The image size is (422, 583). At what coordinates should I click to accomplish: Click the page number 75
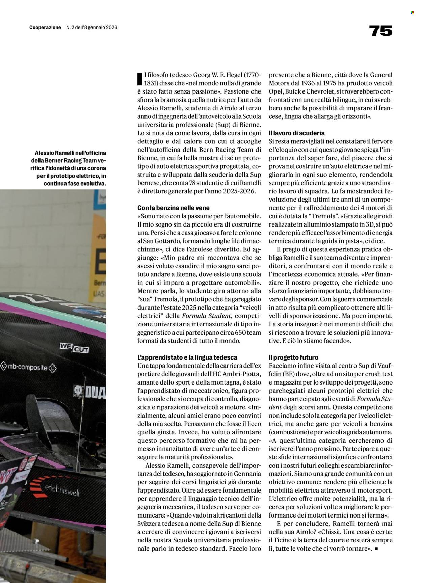click(381, 31)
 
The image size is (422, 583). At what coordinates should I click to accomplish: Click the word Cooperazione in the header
click(45, 28)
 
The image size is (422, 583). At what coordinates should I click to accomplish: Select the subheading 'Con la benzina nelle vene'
click(174, 208)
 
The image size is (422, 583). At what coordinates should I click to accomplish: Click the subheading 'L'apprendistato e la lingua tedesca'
click(187, 357)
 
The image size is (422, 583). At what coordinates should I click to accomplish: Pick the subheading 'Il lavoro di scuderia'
click(297, 133)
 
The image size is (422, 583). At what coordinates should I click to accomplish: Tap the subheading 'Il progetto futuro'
click(293, 357)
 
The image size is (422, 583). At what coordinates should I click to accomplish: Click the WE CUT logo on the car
click(74, 347)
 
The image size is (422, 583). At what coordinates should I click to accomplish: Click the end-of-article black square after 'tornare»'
click(377, 549)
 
